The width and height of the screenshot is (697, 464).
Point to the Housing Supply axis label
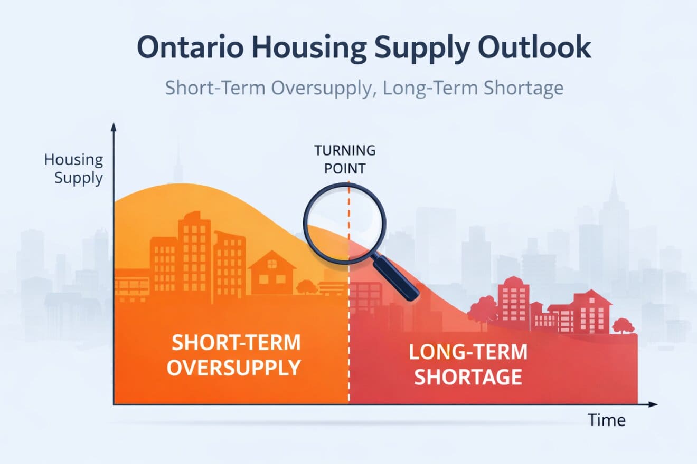pos(74,169)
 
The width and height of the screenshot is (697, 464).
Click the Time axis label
pos(607,420)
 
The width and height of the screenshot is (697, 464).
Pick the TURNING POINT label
pos(345,159)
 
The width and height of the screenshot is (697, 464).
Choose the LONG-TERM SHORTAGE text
pos(468,365)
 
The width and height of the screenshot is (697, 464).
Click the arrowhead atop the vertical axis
pos(114,127)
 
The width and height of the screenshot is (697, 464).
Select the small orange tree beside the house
pos(306,287)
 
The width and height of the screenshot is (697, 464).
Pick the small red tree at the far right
pos(624,324)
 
